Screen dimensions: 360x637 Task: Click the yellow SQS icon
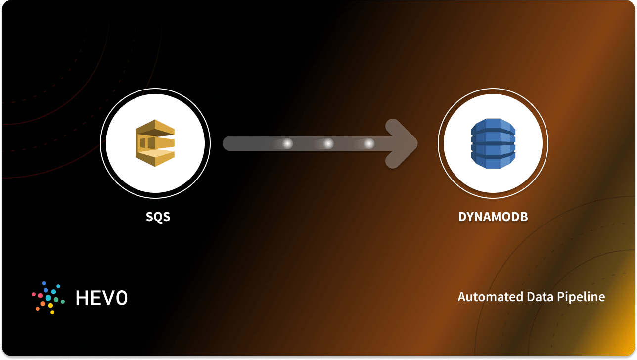pyautogui.click(x=155, y=143)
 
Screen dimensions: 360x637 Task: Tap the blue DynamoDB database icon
pyautogui.click(x=493, y=143)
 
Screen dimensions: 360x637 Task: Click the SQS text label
pyautogui.click(x=158, y=217)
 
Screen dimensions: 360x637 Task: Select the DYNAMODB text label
pyautogui.click(x=493, y=217)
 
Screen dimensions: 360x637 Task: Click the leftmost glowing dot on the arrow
pyautogui.click(x=287, y=143)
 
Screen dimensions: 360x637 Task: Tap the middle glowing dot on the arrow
pyautogui.click(x=328, y=143)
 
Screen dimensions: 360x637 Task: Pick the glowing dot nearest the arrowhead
pyautogui.click(x=369, y=143)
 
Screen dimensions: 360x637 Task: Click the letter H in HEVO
pyautogui.click(x=81, y=297)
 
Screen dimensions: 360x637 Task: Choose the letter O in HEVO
pyautogui.click(x=121, y=297)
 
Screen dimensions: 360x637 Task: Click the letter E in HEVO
pyautogui.click(x=95, y=297)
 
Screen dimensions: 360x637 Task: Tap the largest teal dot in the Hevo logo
pyautogui.click(x=48, y=298)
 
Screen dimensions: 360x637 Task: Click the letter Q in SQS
pyautogui.click(x=158, y=217)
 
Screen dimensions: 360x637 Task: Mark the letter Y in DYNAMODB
pyautogui.click(x=470, y=217)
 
